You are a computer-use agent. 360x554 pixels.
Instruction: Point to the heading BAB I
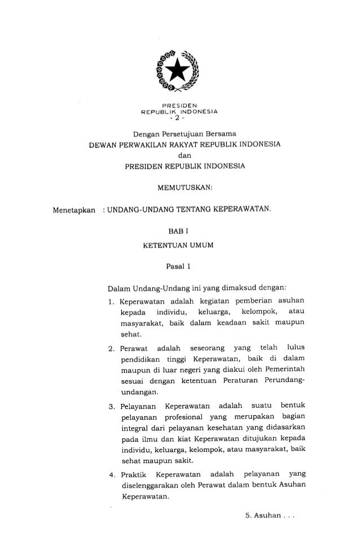click(x=179, y=231)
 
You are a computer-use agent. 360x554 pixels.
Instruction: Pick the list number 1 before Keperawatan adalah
click(x=111, y=305)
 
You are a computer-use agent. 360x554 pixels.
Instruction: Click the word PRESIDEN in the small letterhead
click(x=178, y=106)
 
